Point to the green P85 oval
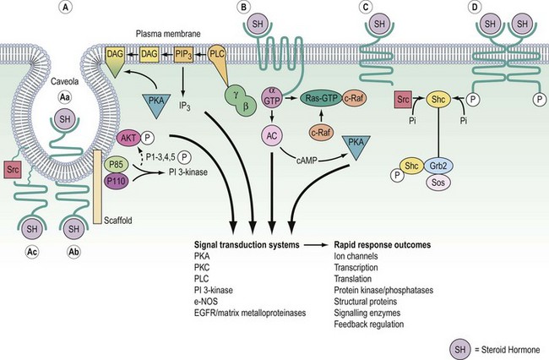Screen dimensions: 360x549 [x=116, y=163]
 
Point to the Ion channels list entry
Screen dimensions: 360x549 [x=356, y=258]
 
